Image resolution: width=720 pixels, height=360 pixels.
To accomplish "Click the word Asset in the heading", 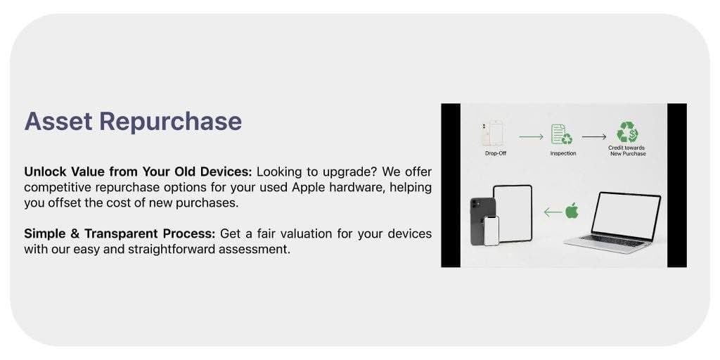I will pyautogui.click(x=58, y=122).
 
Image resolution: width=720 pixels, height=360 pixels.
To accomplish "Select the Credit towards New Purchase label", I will pyautogui.click(x=627, y=150).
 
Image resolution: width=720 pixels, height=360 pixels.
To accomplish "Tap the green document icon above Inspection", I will pyautogui.click(x=561, y=134).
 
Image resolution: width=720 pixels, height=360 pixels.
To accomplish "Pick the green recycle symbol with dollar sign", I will pyautogui.click(x=627, y=132).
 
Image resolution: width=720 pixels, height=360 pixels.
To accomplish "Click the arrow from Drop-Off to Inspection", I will pyautogui.click(x=531, y=136).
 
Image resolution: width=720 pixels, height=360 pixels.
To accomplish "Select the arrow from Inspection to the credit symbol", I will pyautogui.click(x=594, y=136).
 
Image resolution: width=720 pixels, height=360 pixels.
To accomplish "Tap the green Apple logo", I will pyautogui.click(x=572, y=210).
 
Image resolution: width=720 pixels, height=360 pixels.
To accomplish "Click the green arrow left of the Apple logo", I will pyautogui.click(x=553, y=211).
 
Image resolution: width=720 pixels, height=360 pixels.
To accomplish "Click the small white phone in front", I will pyautogui.click(x=491, y=230).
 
